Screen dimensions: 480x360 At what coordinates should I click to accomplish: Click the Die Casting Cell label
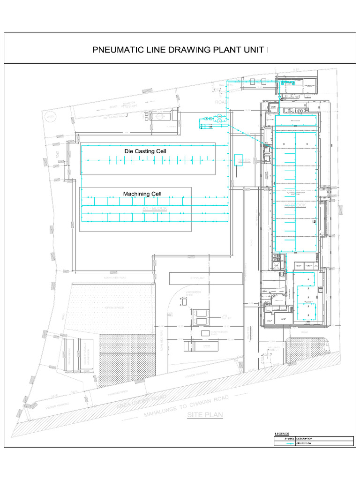pos(145,151)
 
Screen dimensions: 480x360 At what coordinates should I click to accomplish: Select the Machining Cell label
pos(142,194)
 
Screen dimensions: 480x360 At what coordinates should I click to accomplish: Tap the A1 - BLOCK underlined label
pos(154,208)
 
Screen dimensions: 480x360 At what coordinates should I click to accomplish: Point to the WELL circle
pos(50,117)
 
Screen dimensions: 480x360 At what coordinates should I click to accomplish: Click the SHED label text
pos(244,160)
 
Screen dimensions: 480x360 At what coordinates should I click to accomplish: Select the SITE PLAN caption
pos(205,415)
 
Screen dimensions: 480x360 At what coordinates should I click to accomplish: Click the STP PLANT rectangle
pos(206,278)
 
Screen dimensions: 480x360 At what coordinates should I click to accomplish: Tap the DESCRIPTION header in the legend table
pos(304,439)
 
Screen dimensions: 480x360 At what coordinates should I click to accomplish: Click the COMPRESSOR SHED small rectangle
pos(206,333)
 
